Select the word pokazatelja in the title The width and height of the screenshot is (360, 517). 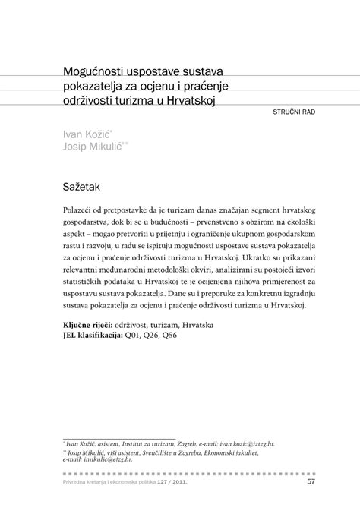coord(97,87)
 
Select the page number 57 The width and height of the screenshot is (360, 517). coord(311,481)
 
